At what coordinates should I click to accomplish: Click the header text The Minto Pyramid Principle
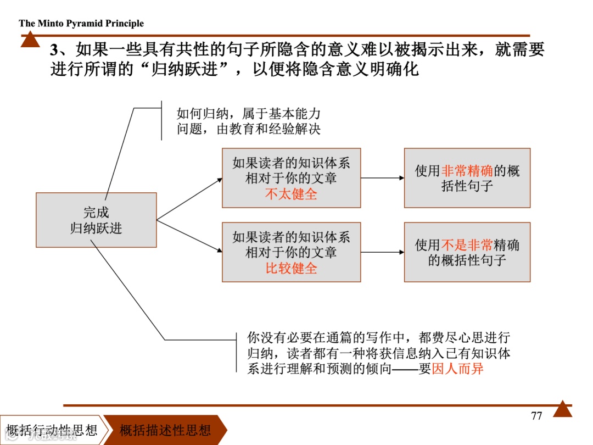(81, 23)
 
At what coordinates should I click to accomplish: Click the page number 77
(536, 416)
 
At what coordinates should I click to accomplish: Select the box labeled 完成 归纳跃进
(96, 220)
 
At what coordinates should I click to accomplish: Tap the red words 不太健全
(291, 194)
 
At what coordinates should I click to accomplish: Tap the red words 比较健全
(291, 268)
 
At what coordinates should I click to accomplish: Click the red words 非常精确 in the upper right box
(467, 171)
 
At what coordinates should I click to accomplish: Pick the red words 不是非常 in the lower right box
(467, 245)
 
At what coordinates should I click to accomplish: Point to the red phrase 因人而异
(458, 369)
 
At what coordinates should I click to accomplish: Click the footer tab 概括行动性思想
(52, 430)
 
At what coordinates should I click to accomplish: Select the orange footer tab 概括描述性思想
(165, 430)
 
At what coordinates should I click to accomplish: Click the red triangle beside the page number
(562, 409)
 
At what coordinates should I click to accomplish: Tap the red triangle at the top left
(30, 40)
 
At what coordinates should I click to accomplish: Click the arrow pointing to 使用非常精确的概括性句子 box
(382, 177)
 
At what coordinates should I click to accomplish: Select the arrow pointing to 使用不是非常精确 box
(382, 252)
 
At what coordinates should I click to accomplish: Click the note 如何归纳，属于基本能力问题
(248, 121)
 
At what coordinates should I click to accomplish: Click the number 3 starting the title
(54, 50)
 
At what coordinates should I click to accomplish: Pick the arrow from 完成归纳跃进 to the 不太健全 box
(189, 199)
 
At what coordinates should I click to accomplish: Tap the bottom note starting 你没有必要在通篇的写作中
(379, 353)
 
